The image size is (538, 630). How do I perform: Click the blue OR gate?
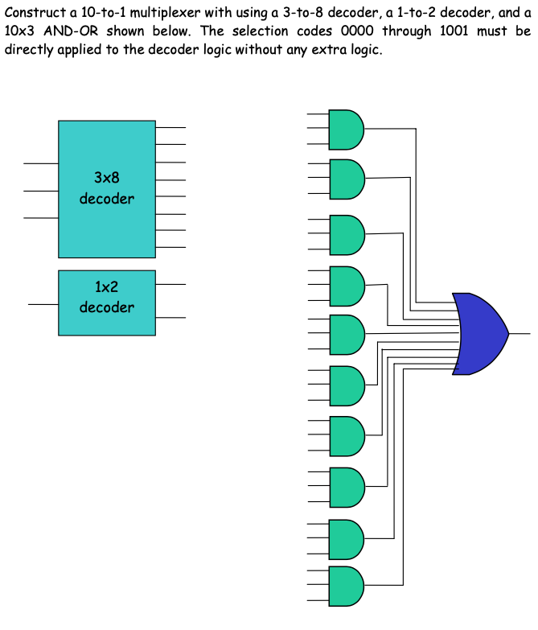479,333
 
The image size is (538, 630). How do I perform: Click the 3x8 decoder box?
106,188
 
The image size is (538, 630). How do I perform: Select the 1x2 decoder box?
106,303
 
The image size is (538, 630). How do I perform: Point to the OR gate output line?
520,332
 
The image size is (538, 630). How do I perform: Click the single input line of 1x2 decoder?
43,305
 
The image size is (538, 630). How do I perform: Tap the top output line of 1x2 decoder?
170,285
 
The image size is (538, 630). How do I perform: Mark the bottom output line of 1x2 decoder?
170,318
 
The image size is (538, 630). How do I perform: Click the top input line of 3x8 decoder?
40,163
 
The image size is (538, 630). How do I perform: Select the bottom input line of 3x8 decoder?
40,217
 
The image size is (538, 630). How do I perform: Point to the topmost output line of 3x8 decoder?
170,127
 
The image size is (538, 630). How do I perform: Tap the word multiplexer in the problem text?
159,14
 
